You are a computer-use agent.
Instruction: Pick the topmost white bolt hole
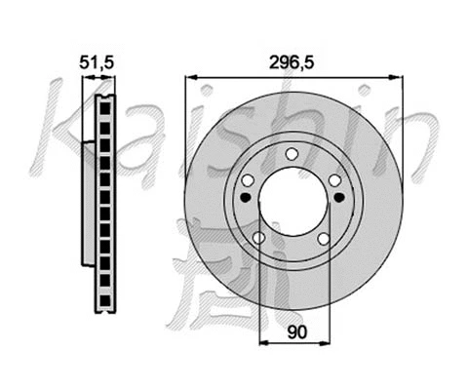click(x=292, y=153)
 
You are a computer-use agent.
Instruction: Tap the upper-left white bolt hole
click(x=248, y=180)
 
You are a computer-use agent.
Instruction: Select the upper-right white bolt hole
click(x=335, y=180)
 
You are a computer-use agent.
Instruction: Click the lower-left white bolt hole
click(x=258, y=239)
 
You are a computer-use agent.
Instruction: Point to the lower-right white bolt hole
click(x=326, y=239)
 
